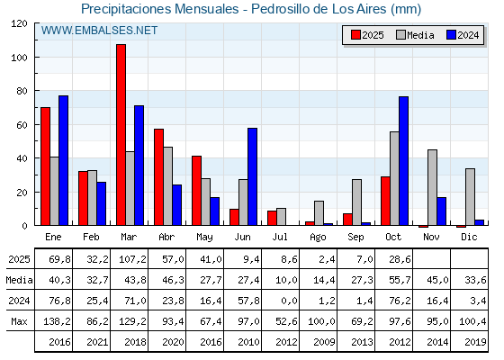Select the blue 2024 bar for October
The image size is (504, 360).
(404, 160)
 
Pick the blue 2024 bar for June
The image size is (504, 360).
(253, 176)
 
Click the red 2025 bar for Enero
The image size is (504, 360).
(45, 166)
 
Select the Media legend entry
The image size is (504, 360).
(414, 35)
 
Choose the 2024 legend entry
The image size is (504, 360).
(462, 35)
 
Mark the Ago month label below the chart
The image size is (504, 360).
(319, 236)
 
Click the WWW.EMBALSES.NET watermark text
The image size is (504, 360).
(99, 31)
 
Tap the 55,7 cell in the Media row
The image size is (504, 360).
(394, 279)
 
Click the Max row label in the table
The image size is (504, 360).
(17, 320)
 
